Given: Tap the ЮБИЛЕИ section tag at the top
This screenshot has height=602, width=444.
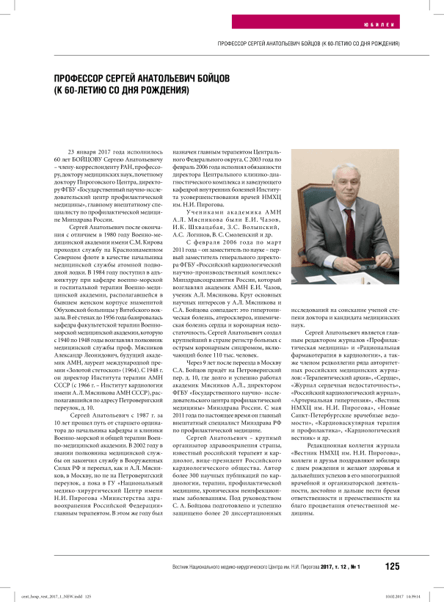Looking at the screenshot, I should point(387,24).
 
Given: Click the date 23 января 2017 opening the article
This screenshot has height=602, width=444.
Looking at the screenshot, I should point(87,150).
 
